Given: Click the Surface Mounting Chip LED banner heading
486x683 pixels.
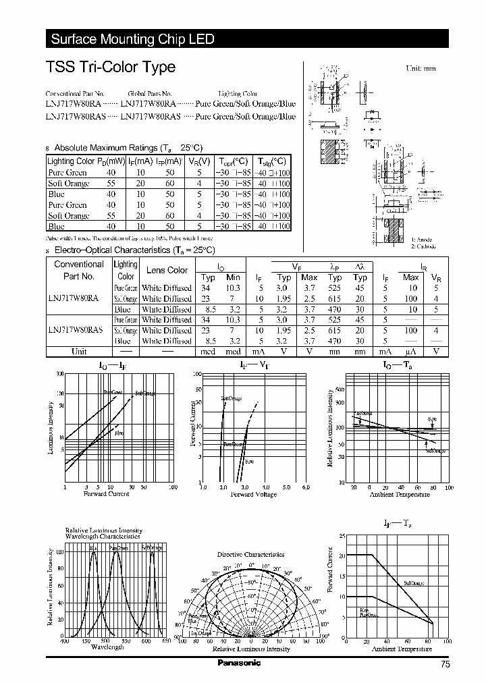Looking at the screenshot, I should (x=132, y=39).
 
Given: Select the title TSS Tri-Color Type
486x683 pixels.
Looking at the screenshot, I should (x=111, y=67).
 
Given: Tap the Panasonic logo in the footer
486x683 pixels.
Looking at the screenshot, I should (x=238, y=663).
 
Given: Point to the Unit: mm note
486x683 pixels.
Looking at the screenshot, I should (x=421, y=69).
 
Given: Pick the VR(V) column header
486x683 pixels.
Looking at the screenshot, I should (x=200, y=161).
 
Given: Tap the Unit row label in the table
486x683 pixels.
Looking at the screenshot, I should (x=79, y=351).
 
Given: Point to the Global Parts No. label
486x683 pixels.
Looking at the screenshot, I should (x=150, y=94).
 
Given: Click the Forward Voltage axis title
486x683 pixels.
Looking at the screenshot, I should (x=254, y=495).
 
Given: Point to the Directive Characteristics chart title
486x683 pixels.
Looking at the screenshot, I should (x=250, y=554).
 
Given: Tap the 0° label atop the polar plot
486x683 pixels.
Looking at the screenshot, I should (x=251, y=564).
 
